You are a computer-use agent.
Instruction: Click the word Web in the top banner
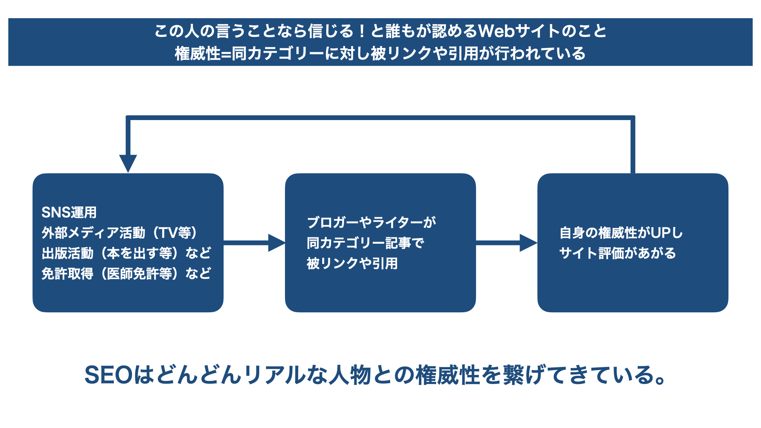point(496,31)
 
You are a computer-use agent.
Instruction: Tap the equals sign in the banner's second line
point(226,54)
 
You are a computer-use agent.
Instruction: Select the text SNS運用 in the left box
point(69,212)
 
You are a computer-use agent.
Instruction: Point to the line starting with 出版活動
point(126,253)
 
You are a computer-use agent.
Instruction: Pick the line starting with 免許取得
point(126,274)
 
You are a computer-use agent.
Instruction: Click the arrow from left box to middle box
point(254,243)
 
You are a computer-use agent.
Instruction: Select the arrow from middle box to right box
point(507,243)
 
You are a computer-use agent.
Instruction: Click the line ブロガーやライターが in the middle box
point(371,222)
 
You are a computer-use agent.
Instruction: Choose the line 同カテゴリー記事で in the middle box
point(365,243)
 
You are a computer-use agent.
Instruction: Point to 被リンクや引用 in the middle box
point(352,264)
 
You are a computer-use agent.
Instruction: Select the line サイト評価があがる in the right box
point(618,253)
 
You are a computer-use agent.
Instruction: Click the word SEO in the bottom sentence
point(108,375)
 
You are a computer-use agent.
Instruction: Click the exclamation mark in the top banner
point(361,31)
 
